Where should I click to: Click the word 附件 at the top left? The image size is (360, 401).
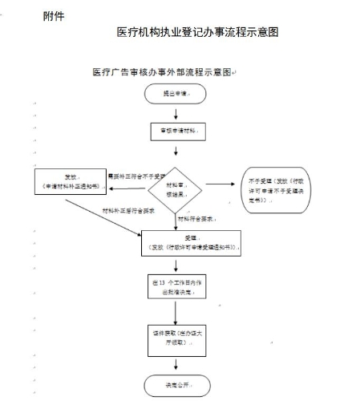point(54,16)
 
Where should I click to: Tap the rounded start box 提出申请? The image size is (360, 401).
point(175,95)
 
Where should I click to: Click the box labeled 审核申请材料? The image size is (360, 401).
point(175,131)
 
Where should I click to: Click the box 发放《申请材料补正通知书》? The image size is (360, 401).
point(71,184)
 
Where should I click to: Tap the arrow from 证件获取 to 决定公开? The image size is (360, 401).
point(175,365)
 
